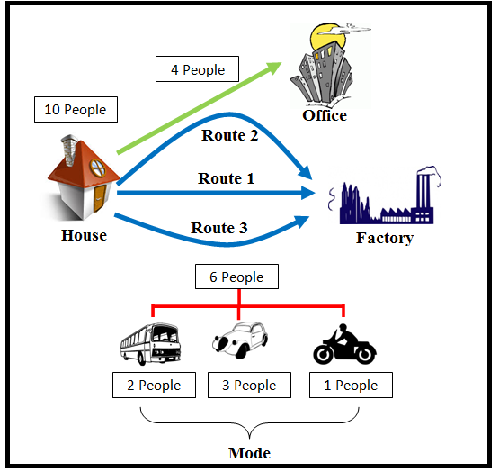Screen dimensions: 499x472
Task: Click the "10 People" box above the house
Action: pyautogui.click(x=76, y=109)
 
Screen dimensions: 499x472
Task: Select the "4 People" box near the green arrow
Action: pyautogui.click(x=197, y=69)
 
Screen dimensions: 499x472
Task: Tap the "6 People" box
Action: pyautogui.click(x=236, y=277)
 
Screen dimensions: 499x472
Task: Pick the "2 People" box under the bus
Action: pyautogui.click(x=154, y=385)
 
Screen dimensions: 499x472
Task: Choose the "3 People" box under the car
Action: pyautogui.click(x=250, y=385)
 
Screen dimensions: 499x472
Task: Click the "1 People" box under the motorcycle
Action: pyautogui.click(x=351, y=385)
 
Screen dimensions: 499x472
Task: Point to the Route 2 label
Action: pyautogui.click(x=230, y=135)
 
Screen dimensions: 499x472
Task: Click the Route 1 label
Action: pyautogui.click(x=227, y=178)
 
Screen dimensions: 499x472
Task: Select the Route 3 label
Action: pyautogui.click(x=219, y=228)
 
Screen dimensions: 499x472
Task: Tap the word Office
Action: pyautogui.click(x=325, y=115)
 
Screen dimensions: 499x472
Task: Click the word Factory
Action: pyautogui.click(x=385, y=238)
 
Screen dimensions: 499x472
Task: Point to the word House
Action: pyautogui.click(x=84, y=235)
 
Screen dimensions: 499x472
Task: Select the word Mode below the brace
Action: pyautogui.click(x=250, y=453)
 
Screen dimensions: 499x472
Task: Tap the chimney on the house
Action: pyautogui.click(x=69, y=150)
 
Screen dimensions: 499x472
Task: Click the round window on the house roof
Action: pyautogui.click(x=98, y=168)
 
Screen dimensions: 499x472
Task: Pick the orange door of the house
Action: pyautogui.click(x=100, y=198)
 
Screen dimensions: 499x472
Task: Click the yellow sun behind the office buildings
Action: pyautogui.click(x=327, y=37)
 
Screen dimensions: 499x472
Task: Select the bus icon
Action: pyautogui.click(x=150, y=344)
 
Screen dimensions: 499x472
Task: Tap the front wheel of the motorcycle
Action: pyautogui.click(x=323, y=355)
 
